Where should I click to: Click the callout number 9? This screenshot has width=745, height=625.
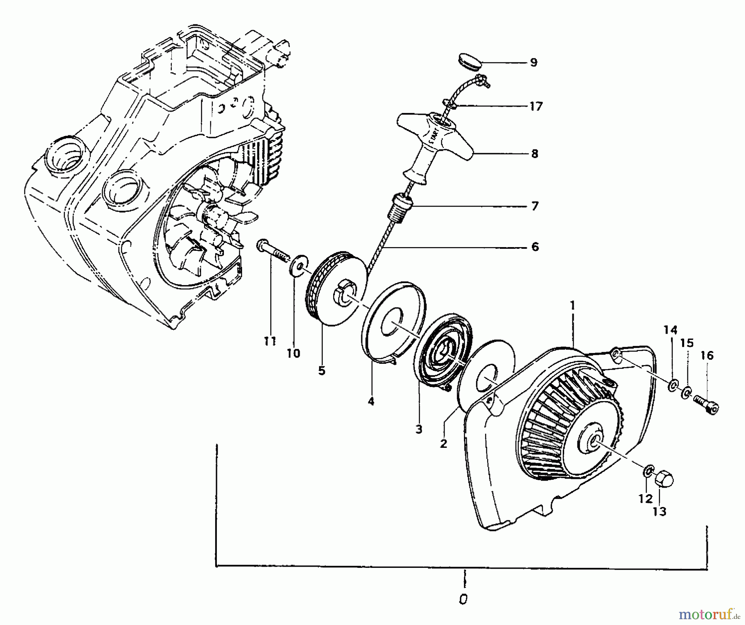[x=534, y=62]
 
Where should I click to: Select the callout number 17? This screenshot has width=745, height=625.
[x=536, y=106]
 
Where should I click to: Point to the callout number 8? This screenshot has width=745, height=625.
[x=534, y=154]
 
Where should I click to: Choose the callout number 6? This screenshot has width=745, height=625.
[x=535, y=247]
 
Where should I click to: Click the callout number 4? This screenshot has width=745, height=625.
[x=371, y=401]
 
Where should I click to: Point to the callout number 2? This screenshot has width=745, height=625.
[x=444, y=444]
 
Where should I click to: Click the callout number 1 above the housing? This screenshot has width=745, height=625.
[x=573, y=305]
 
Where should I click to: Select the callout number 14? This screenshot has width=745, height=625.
[x=670, y=330]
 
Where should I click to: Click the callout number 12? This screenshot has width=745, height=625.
[x=645, y=499]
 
